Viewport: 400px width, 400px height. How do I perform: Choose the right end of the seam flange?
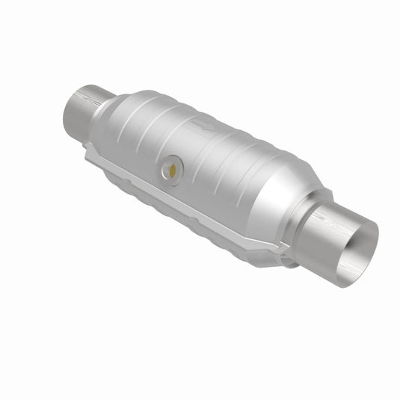pyautogui.click(x=265, y=254)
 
